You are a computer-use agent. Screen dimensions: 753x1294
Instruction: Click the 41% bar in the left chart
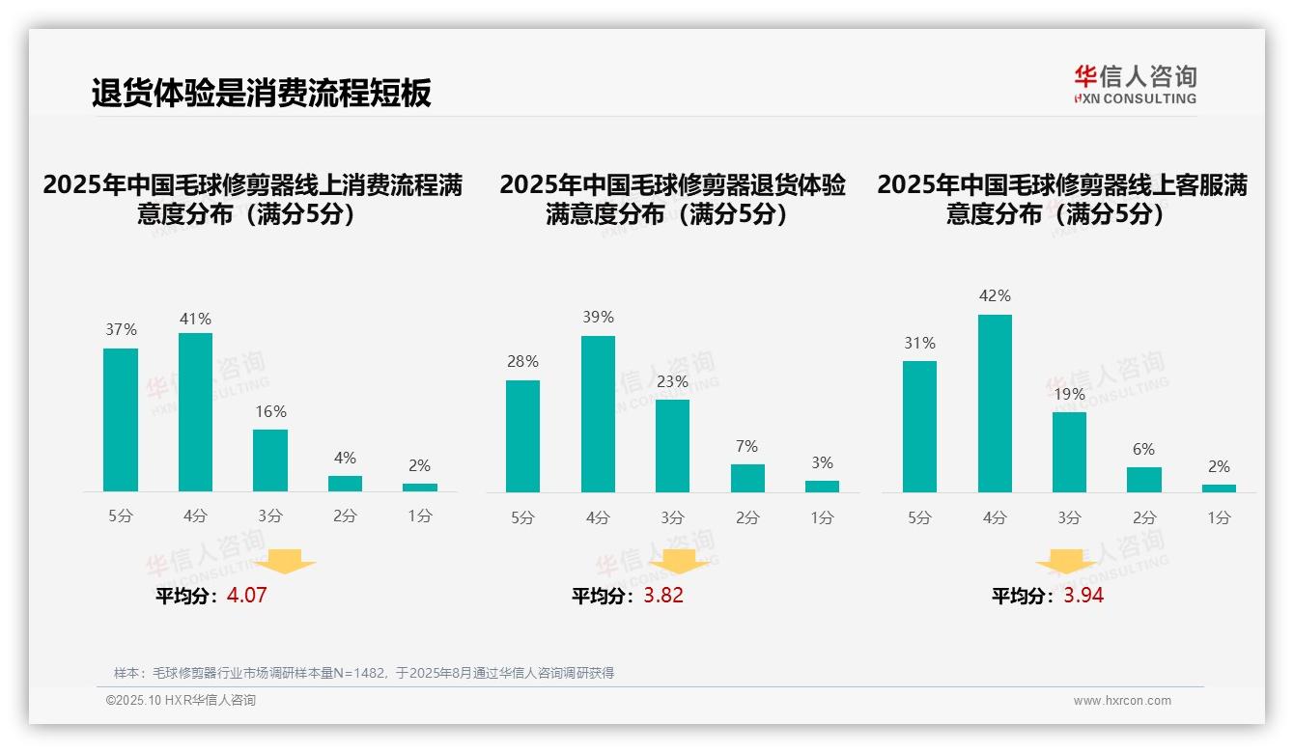click(195, 412)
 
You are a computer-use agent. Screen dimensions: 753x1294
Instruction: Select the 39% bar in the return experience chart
click(598, 414)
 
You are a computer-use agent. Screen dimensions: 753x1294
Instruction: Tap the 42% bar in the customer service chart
click(995, 404)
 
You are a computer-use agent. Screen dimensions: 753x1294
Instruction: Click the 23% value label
click(672, 382)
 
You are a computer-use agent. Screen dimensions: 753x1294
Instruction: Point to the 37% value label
click(121, 330)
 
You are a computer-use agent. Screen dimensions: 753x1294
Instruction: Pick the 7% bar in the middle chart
click(747, 478)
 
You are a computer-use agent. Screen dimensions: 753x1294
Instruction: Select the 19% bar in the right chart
click(1069, 452)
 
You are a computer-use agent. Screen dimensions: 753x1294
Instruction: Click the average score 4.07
click(246, 596)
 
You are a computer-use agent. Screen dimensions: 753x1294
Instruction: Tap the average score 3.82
click(663, 596)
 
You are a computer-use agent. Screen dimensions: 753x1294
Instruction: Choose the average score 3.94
click(1083, 596)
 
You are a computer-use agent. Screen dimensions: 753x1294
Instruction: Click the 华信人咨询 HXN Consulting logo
click(1135, 85)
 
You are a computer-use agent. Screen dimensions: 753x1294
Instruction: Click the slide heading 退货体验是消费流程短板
click(261, 93)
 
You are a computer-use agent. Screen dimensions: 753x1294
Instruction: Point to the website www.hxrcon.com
click(1122, 701)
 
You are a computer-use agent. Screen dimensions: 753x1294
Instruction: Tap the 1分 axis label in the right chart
click(1219, 517)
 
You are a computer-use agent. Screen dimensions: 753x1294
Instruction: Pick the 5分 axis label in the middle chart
click(522, 517)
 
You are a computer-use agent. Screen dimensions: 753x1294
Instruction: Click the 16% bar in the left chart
click(270, 460)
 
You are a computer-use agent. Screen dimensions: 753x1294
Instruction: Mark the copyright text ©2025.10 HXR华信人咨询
click(181, 701)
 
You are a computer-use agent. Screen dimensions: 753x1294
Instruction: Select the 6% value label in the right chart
click(1144, 450)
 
